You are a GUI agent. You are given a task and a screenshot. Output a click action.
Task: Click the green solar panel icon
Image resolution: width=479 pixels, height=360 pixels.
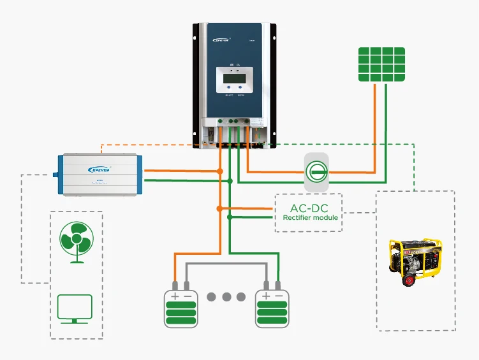point(381,63)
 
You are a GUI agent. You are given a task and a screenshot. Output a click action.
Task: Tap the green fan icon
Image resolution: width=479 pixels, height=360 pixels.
point(77,240)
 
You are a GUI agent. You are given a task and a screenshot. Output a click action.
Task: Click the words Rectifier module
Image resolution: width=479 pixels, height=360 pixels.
point(310,217)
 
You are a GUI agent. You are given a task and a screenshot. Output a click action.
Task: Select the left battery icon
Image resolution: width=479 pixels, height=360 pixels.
point(180,309)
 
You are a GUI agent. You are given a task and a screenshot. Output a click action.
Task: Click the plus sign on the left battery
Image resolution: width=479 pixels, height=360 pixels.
point(173,296)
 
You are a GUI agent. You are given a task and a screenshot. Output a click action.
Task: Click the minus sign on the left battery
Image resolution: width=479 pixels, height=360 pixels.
point(187,296)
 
